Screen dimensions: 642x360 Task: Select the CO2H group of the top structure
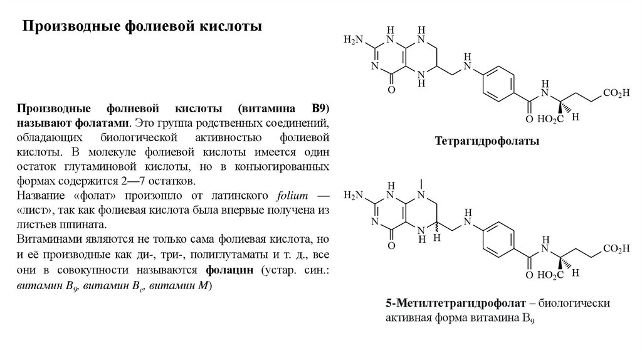point(616,93)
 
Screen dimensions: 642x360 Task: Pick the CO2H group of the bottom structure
point(616,248)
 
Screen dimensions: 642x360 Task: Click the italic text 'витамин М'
point(191,287)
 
